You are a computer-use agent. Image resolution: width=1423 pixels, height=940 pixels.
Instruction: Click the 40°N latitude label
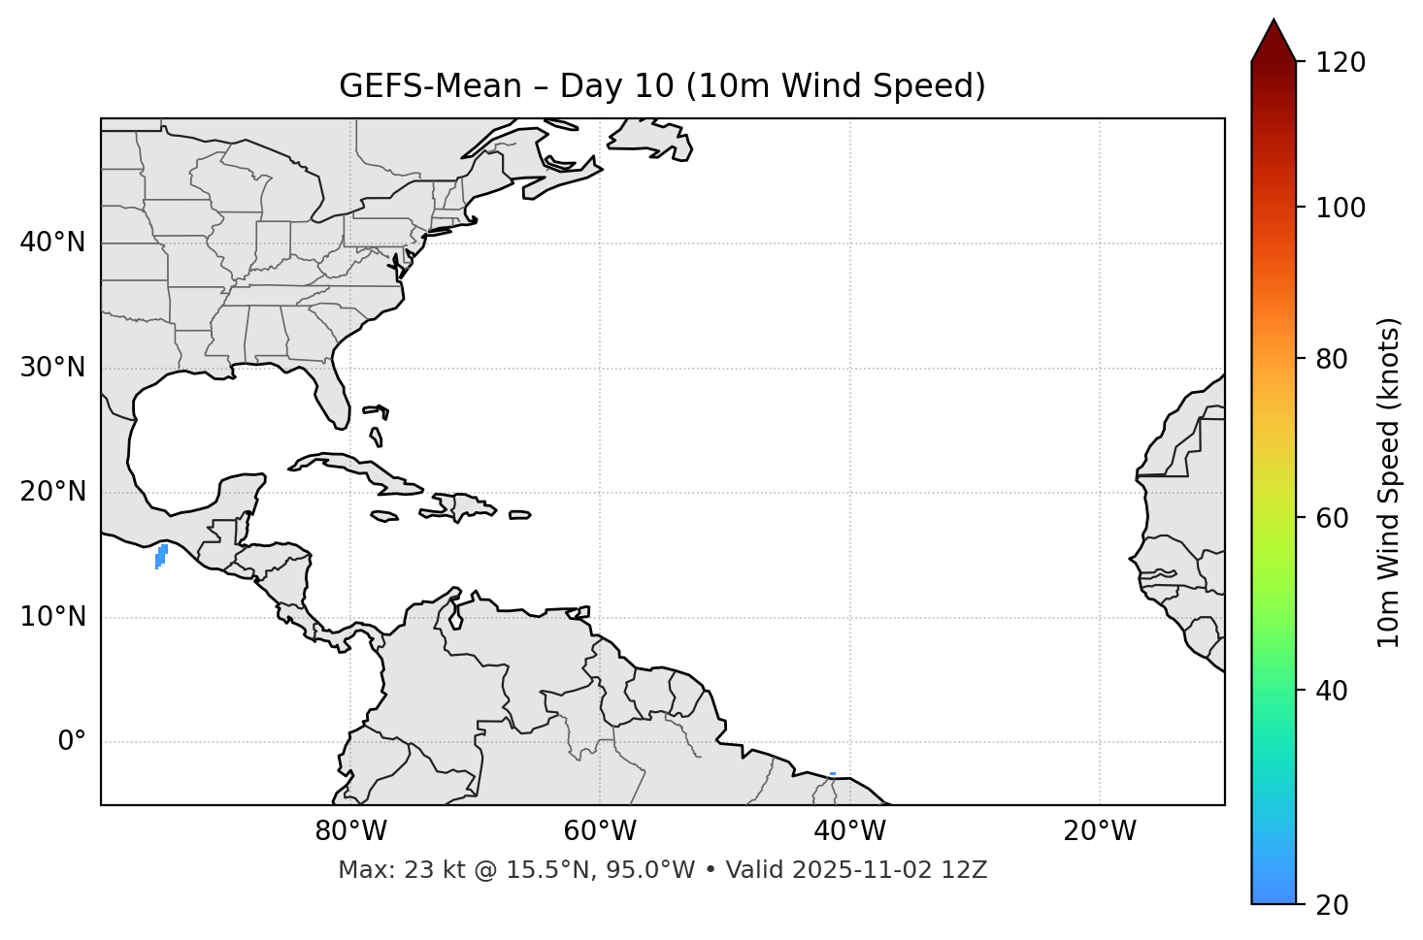pos(52,243)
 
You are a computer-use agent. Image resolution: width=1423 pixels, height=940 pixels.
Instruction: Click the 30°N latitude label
pos(52,368)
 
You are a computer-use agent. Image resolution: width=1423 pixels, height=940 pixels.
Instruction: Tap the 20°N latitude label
pos(52,492)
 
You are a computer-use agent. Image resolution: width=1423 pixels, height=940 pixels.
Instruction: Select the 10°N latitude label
pos(52,617)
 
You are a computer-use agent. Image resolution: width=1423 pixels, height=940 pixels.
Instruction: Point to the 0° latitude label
pos(72,742)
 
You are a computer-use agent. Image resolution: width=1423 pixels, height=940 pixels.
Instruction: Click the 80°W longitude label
pos(350,831)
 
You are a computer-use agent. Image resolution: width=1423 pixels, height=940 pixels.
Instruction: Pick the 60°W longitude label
pos(600,831)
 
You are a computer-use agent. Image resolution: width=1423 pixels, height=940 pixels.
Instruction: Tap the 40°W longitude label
pos(849,831)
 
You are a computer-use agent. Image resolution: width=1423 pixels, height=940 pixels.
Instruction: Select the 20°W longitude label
pos(1100,831)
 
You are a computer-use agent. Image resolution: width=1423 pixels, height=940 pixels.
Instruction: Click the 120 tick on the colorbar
pos(1340,63)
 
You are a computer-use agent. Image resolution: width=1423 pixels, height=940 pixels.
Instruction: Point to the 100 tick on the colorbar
pos(1340,208)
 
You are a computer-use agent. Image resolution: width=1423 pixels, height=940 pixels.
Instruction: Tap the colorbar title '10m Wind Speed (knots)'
pos(1389,482)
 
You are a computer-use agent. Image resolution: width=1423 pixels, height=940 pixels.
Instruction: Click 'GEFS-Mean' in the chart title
pos(430,86)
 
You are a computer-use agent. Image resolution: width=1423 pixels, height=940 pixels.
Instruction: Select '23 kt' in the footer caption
pos(423,870)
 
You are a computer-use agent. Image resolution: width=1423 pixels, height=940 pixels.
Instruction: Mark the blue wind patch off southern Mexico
pos(161,555)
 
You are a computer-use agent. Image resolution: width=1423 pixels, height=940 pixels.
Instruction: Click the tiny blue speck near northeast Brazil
pos(833,773)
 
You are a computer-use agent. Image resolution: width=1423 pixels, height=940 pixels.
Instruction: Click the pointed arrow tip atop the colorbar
pos(1274,23)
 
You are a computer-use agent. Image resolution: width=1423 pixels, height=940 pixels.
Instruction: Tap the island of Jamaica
pos(384,516)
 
